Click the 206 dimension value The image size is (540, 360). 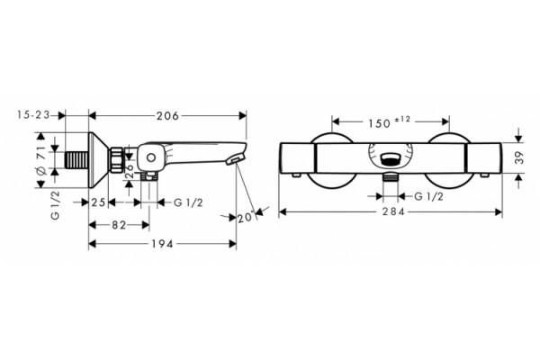(x=167, y=116)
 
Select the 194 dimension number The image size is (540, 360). (x=163, y=244)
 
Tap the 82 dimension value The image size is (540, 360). (x=119, y=225)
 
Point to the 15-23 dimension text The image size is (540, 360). (x=33, y=114)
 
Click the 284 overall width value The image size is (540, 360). (x=393, y=211)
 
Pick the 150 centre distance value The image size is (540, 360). (x=380, y=123)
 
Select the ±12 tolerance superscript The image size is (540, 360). (x=402, y=119)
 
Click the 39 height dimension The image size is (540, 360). (x=520, y=157)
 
